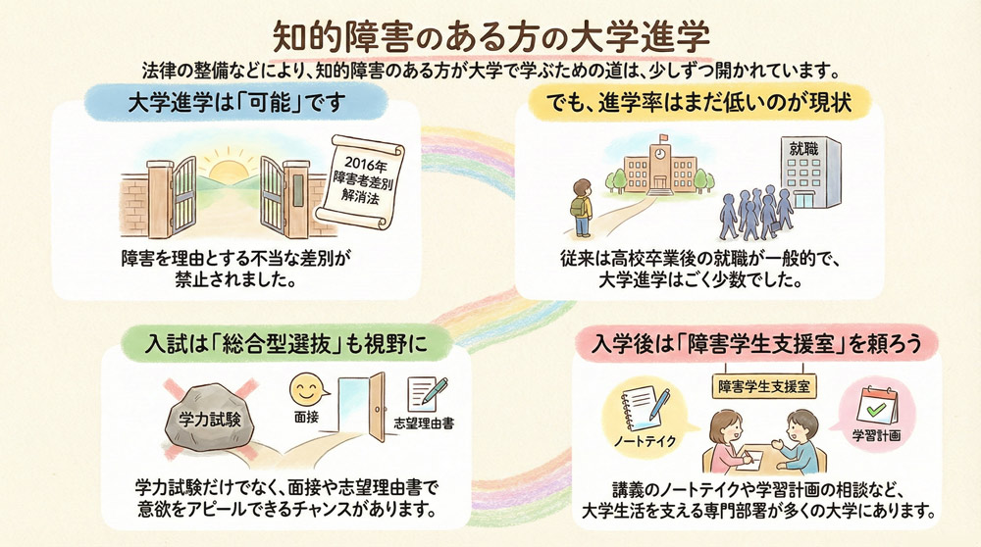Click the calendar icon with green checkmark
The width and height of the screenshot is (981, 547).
(x=875, y=403)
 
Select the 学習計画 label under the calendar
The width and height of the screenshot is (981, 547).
(x=876, y=432)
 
